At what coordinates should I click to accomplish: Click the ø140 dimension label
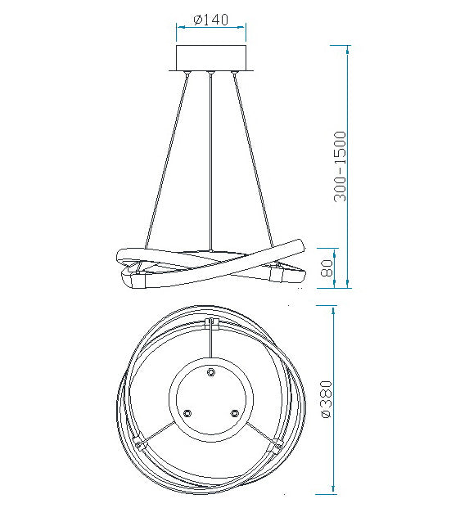[210, 20]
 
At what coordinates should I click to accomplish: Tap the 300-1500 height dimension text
[341, 167]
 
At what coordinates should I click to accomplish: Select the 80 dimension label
[327, 267]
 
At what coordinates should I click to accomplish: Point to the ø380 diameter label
[327, 399]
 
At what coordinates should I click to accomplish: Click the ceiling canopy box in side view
[211, 57]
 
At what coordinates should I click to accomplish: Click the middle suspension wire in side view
[211, 162]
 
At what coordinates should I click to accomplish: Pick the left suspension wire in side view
[167, 160]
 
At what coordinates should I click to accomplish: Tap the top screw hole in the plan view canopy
[211, 371]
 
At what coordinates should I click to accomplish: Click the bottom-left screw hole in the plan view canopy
[187, 413]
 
